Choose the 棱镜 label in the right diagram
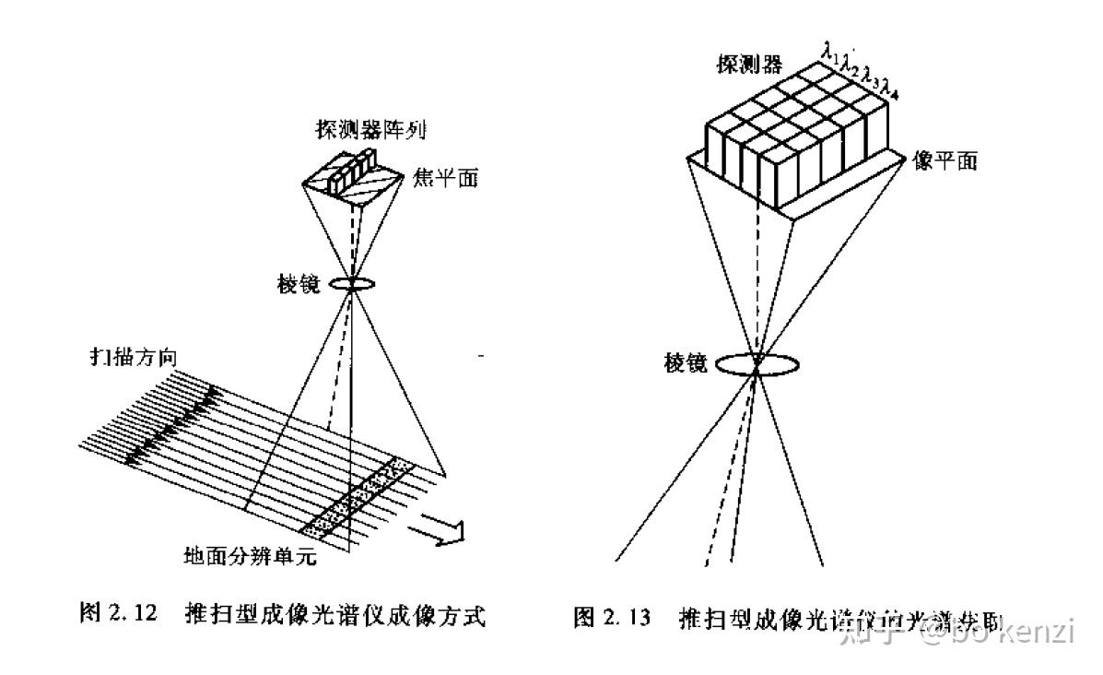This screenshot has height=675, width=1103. [x=686, y=362]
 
